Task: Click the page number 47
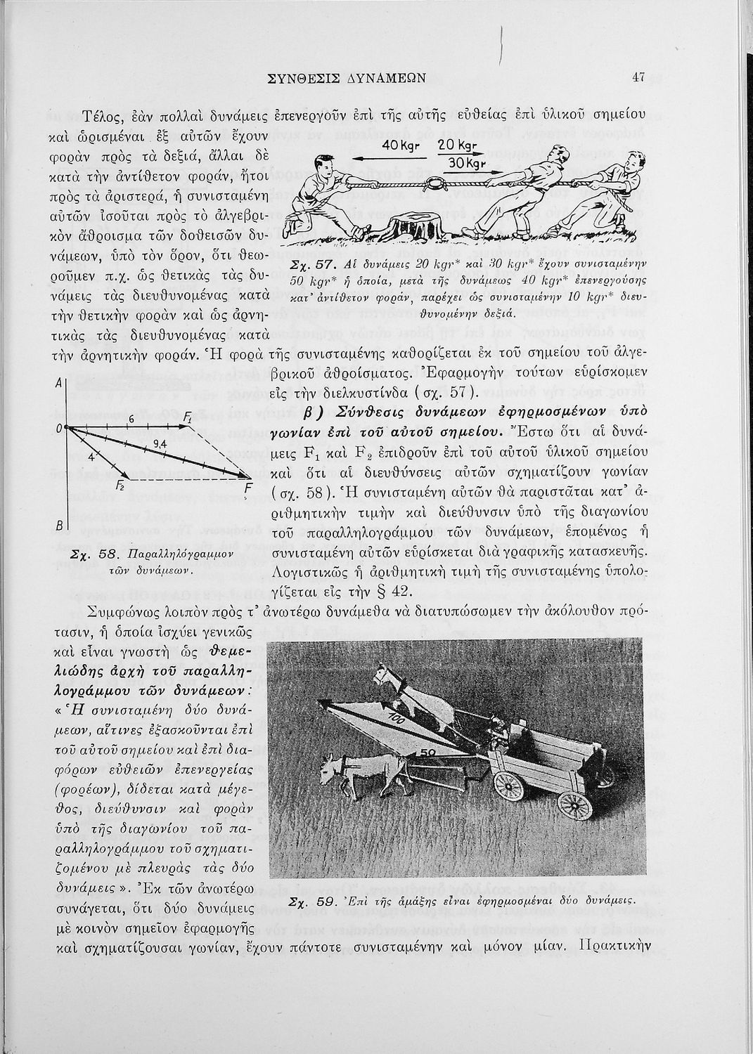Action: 638,78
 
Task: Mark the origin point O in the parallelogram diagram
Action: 65,427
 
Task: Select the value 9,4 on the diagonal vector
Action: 160,443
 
